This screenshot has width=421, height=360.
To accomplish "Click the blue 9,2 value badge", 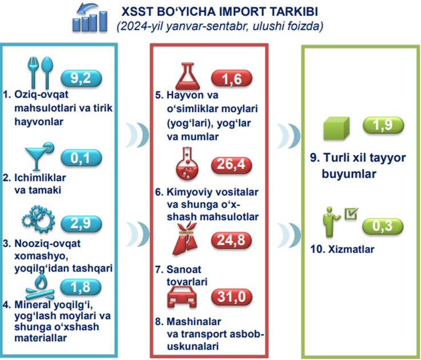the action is [x=81, y=78].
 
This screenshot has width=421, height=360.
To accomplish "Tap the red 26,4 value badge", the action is [x=232, y=165].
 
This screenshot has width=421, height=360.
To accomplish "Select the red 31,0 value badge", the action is [x=232, y=297].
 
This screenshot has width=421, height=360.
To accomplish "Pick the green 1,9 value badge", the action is [x=383, y=125].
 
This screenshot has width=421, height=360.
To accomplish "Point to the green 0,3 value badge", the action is [x=383, y=226].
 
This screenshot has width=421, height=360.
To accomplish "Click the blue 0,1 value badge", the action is [x=81, y=158].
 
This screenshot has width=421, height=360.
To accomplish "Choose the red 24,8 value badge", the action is [x=232, y=240].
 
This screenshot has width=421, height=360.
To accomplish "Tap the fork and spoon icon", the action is [x=41, y=73].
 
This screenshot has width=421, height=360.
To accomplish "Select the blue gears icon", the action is [x=39, y=219].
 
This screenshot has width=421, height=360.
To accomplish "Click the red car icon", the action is [x=182, y=297].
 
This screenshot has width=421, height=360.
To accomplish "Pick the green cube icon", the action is [x=336, y=129].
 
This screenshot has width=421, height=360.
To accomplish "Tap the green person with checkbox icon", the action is [x=339, y=222].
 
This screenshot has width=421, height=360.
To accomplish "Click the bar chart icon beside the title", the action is [x=89, y=18].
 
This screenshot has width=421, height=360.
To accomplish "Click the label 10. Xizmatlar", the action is [x=342, y=249].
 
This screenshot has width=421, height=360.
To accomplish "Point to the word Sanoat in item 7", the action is [x=184, y=269].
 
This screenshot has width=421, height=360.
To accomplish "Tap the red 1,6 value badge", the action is [x=232, y=79].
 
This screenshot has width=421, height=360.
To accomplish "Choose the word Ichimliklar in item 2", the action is [x=40, y=178].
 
